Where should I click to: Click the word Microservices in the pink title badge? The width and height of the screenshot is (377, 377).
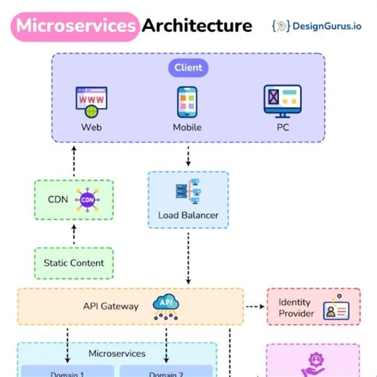point(76,25)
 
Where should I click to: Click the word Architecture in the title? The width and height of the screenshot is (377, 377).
point(196,25)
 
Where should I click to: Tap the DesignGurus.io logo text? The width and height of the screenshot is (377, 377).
point(326,25)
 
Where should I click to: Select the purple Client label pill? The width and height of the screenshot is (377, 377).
point(188,68)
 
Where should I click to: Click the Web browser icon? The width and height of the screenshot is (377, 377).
point(91,101)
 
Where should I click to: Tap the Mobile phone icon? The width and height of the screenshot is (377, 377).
point(188,101)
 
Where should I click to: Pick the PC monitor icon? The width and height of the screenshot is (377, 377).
point(282,101)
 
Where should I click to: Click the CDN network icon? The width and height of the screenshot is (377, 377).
point(87,200)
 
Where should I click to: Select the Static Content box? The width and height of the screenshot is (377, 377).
point(74,263)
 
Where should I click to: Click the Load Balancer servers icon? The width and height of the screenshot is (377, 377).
point(188,192)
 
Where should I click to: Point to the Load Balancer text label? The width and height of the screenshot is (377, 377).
point(188,215)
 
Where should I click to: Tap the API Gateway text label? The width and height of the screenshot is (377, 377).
point(110,306)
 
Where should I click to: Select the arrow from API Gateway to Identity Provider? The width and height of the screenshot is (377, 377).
point(254,306)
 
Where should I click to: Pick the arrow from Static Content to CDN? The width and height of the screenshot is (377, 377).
point(74,233)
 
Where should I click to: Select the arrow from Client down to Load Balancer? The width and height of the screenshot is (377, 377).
point(188,155)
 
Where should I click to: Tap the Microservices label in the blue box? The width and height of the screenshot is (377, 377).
point(117,354)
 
